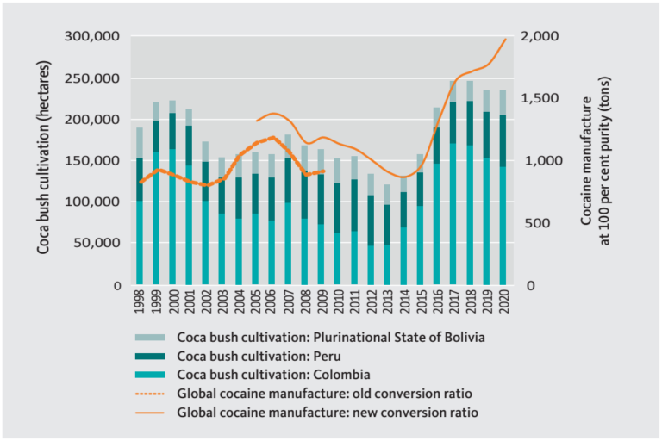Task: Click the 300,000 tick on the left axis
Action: tap(96, 37)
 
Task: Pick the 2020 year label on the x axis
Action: tap(503, 302)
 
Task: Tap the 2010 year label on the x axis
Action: tap(338, 302)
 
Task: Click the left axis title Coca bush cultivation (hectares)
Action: tap(43, 161)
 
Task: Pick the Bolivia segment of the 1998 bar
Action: tap(140, 143)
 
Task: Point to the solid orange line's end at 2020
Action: tap(505, 39)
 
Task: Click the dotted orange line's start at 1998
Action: tap(140, 183)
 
